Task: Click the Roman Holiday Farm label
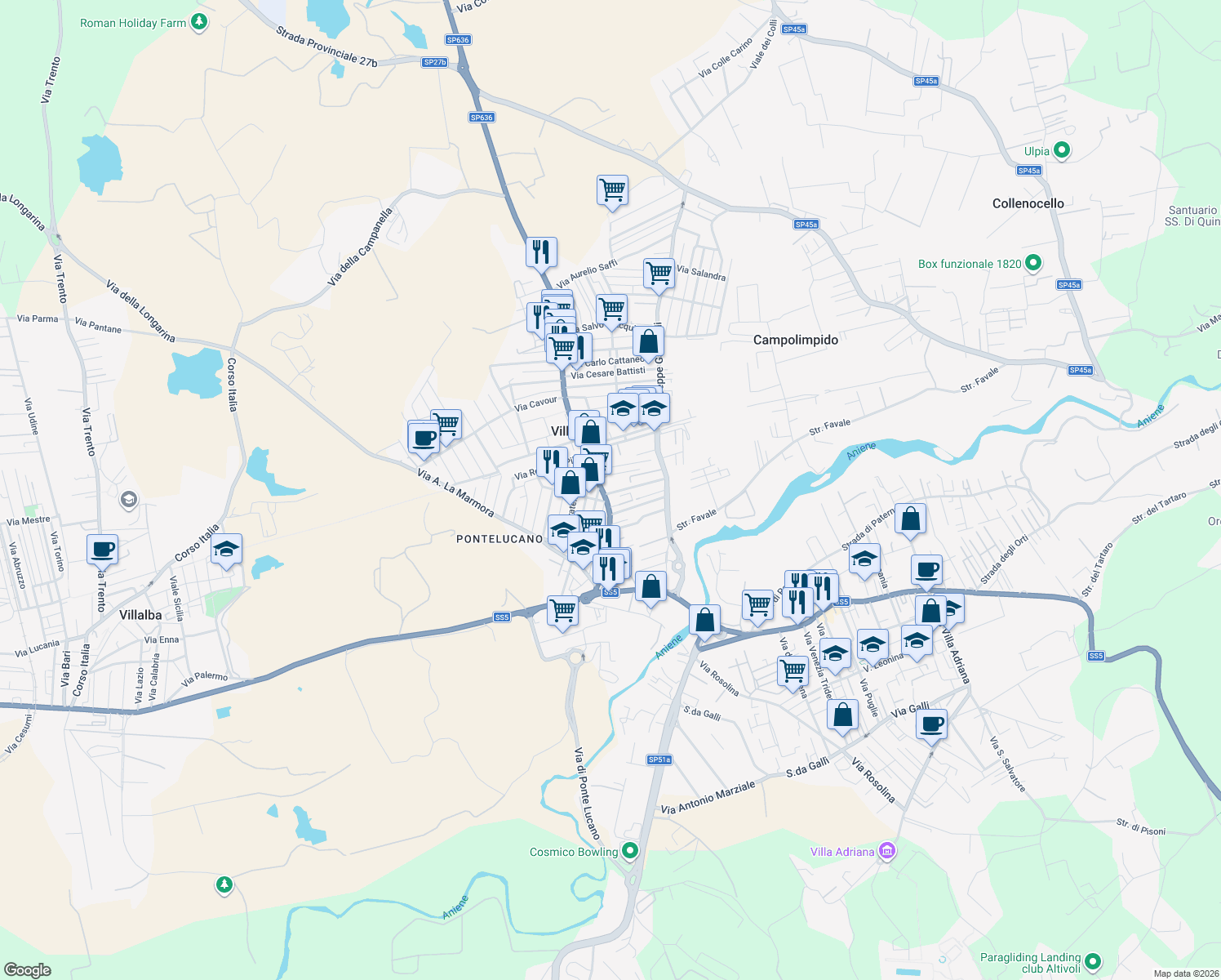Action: [133, 23]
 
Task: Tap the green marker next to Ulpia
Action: [1062, 150]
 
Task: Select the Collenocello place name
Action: [1028, 203]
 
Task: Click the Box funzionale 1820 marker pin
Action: [1033, 263]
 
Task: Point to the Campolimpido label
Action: [795, 340]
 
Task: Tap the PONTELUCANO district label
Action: [499, 539]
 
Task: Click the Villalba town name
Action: [140, 615]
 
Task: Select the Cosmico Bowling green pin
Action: [629, 851]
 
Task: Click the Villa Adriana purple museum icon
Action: [887, 851]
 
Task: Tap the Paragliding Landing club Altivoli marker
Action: [1094, 961]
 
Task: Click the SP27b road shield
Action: [435, 62]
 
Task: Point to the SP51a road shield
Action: [659, 759]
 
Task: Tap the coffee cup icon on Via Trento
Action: [103, 549]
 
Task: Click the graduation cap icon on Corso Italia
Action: [226, 549]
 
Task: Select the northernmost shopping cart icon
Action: [612, 189]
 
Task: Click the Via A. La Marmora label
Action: [455, 492]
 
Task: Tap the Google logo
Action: [28, 970]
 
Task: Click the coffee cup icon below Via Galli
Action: [931, 724]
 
